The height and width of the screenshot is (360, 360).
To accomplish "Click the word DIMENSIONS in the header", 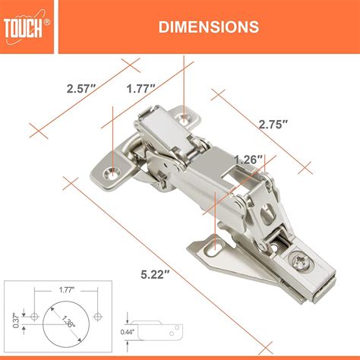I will (207, 27).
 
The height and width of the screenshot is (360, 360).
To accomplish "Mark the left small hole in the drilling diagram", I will (34, 314).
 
